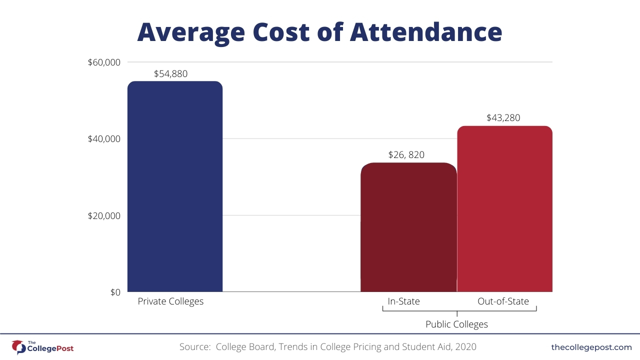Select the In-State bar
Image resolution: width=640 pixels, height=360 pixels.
408,227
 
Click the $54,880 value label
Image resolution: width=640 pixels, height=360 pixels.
170,74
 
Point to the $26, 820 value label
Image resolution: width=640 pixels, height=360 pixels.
406,155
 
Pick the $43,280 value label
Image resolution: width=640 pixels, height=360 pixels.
503,118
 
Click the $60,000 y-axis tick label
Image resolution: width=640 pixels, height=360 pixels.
103,62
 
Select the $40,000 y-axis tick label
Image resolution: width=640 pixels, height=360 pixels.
103,139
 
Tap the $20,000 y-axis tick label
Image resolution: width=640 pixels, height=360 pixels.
103,216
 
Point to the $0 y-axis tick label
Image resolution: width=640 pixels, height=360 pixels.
115,292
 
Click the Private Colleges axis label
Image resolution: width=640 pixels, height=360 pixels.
170,301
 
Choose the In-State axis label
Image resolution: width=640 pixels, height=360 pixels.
403,301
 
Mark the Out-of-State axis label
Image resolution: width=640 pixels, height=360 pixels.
503,301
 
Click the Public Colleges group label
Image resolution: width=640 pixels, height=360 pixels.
456,324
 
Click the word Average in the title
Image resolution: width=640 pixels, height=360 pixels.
191,32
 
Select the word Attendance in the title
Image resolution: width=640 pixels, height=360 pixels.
425,32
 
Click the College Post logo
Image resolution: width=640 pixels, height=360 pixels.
42,346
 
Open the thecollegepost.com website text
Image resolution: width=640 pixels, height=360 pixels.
591,347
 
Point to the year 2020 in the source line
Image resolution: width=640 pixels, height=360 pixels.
465,347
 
